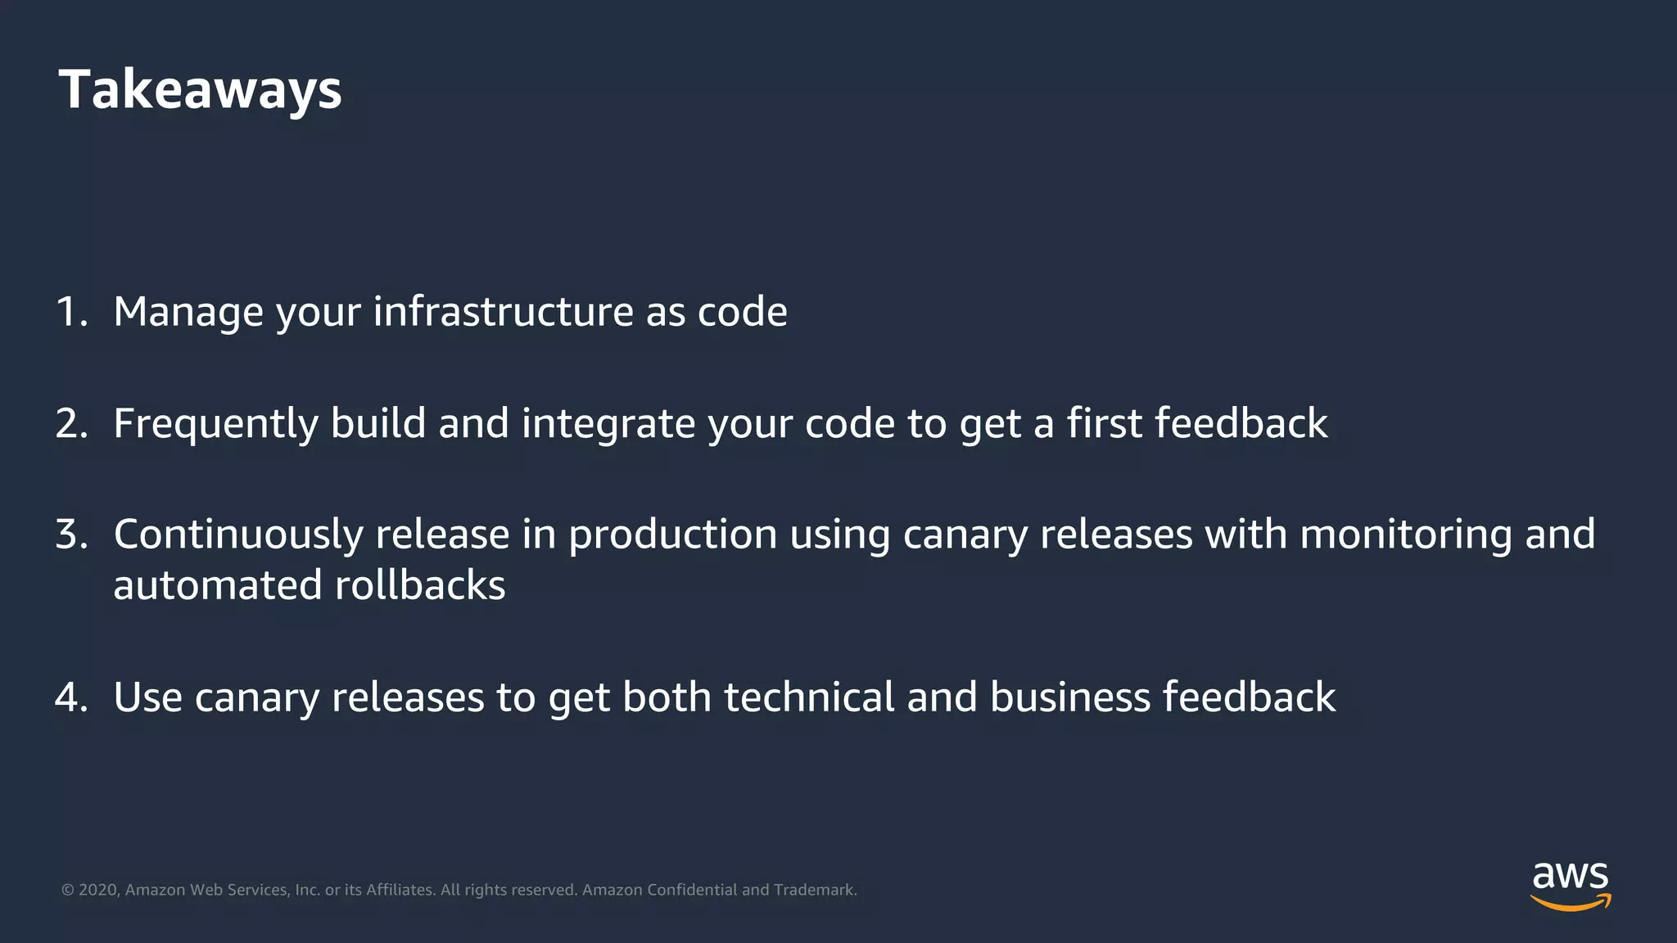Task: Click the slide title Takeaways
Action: tap(200, 89)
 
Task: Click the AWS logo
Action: tap(1570, 886)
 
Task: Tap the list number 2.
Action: tap(71, 423)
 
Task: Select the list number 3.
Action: tap(71, 535)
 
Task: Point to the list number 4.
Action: tap(71, 697)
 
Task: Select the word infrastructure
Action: tap(502, 312)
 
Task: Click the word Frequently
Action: tap(215, 423)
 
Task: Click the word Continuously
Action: tap(238, 535)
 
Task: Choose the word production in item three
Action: tap(672, 535)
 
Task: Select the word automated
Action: tap(217, 585)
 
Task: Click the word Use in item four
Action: tap(147, 697)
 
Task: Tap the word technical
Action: tap(809, 697)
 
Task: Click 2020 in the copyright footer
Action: tap(98, 890)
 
